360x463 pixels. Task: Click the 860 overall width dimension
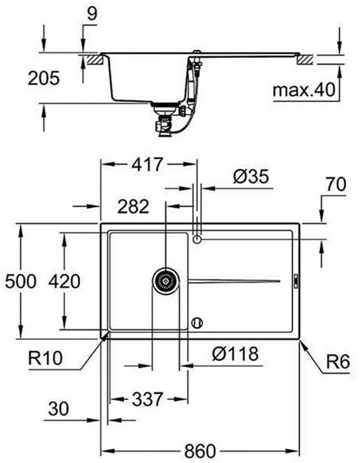[x=200, y=451]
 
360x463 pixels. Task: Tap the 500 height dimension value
[x=21, y=282]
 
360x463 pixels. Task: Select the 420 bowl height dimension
[x=64, y=282]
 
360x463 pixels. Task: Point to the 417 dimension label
[x=147, y=165]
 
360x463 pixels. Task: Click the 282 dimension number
[x=133, y=206]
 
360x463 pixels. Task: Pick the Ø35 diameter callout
[x=251, y=177]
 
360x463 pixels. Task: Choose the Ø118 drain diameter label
[x=235, y=354]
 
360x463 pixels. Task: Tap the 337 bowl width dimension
[x=147, y=399]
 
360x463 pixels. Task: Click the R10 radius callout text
[x=45, y=358]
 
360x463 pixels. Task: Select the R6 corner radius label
[x=338, y=361]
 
